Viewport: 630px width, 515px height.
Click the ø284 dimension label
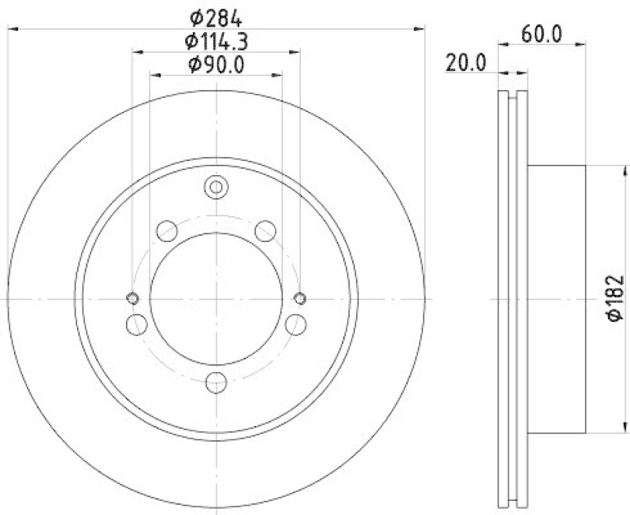click(215, 15)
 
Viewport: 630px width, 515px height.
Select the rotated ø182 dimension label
click(615, 297)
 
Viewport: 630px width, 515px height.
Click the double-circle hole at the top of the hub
click(215, 188)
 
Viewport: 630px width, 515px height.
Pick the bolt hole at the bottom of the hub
click(215, 383)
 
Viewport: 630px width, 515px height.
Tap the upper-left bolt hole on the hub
click(167, 230)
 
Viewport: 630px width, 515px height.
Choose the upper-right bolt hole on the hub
click(265, 230)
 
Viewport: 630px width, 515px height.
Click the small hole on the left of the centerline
click(132, 298)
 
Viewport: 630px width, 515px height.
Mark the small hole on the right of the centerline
click(299, 298)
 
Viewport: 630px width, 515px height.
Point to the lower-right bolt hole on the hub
click(295, 323)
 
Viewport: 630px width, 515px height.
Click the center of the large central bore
click(215, 299)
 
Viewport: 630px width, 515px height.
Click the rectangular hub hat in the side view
click(556, 299)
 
